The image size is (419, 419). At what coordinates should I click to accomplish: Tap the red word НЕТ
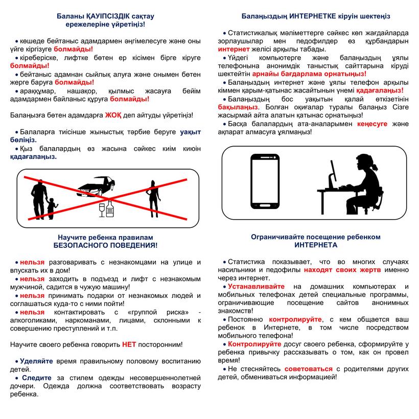pyautogui.click(x=129, y=345)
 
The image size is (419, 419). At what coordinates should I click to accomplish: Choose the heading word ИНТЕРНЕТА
pyautogui.click(x=315, y=245)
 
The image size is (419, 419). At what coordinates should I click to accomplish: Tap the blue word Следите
pyautogui.click(x=37, y=378)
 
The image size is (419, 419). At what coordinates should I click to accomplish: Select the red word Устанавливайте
pyautogui.click(x=256, y=287)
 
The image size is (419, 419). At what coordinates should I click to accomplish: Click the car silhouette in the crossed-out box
pyautogui.click(x=96, y=187)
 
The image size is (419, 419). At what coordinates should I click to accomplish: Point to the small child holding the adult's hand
pyautogui.click(x=51, y=206)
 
